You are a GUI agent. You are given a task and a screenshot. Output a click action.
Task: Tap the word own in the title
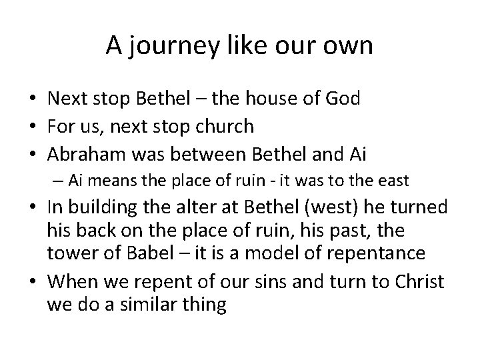[349, 46]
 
